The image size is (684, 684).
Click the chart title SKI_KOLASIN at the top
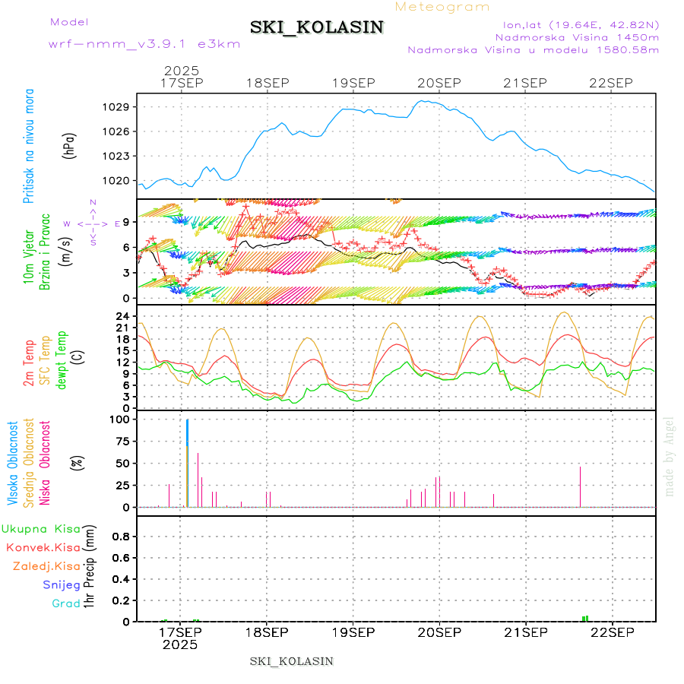[x=317, y=27]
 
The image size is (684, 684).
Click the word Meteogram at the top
[x=443, y=7]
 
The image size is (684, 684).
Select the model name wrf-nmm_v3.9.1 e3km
[x=144, y=44]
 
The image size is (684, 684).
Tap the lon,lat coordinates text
[x=576, y=24]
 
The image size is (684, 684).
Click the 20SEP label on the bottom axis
[x=439, y=632]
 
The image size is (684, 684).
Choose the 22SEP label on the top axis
[x=612, y=83]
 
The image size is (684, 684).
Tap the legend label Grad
[x=66, y=604]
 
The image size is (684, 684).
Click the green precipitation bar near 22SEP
[x=584, y=619]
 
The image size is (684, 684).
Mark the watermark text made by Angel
[x=670, y=456]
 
